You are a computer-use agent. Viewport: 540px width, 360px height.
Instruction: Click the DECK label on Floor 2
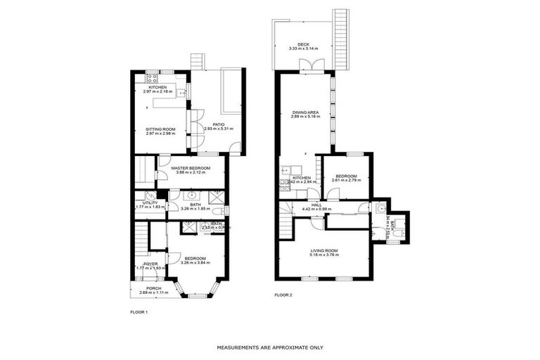[x=303, y=44]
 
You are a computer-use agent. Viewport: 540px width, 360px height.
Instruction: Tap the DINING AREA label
[x=305, y=112]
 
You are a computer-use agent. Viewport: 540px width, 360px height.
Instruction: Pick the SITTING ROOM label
[x=160, y=129]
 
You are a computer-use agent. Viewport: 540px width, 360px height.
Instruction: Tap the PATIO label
[x=218, y=124]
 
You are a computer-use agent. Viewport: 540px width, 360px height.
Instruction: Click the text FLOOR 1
[x=139, y=311]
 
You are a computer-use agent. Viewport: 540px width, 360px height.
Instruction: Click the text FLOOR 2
[x=283, y=295]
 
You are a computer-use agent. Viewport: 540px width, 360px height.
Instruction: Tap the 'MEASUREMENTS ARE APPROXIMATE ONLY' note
[x=270, y=347]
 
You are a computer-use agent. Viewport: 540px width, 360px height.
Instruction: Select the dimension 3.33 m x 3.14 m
[x=303, y=49]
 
